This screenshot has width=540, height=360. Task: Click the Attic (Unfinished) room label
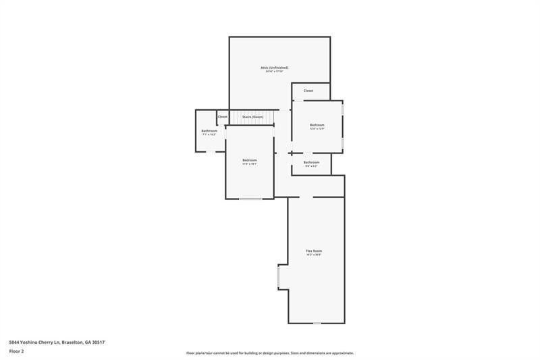[274, 68]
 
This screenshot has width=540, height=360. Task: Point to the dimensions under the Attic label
[274, 72]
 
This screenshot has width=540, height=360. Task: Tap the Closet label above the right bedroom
[308, 91]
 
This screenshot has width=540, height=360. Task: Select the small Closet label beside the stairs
[222, 117]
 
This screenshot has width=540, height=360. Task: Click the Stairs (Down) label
[252, 117]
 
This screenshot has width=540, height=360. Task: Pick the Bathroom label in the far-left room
[209, 130]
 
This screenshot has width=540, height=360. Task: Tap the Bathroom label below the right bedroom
[311, 162]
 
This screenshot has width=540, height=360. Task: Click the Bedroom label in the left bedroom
[250, 160]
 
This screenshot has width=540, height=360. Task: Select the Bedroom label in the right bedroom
[317, 125]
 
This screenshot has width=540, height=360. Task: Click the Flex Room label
[314, 251]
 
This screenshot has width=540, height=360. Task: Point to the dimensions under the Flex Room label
[314, 255]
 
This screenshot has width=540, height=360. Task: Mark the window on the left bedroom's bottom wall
[250, 199]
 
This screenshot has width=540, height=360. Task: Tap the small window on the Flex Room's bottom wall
[317, 324]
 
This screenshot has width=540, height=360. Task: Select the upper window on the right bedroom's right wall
[342, 109]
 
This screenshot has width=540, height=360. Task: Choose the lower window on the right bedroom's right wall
[342, 143]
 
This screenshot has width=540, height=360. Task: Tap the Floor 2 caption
[16, 352]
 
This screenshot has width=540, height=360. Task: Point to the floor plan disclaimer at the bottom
[270, 353]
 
